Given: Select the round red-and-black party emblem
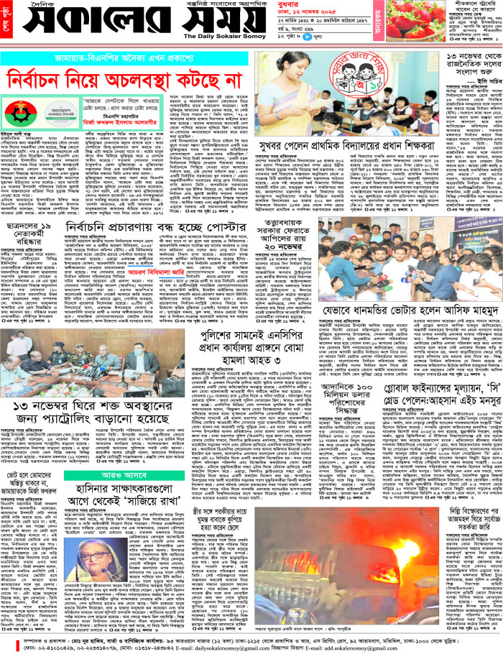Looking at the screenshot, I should [x=27, y=114].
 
